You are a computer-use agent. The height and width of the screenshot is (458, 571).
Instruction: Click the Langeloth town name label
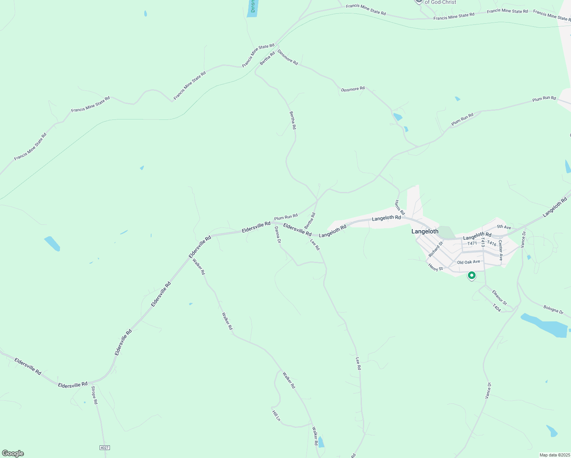pos(425,231)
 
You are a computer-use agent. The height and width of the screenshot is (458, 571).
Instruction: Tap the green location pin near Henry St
pos(472,275)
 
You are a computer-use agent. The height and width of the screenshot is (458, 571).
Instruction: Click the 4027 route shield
pos(105,447)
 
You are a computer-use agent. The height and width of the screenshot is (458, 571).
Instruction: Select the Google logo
pos(13,453)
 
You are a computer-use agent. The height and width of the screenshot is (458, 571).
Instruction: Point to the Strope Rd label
pos(94,395)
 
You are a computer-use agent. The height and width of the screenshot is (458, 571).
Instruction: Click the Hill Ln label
pos(276,416)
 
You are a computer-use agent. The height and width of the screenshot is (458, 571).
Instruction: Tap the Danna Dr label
pos(278,235)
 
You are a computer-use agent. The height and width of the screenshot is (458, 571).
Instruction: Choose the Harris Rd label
pos(400,207)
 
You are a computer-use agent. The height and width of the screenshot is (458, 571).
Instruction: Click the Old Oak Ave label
pos(468,262)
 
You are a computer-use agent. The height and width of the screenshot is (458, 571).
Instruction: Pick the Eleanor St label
pos(499,298)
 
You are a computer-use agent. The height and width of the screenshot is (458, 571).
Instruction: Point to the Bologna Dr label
pos(553,309)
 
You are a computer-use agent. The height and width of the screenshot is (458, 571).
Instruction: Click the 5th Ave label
pos(504,227)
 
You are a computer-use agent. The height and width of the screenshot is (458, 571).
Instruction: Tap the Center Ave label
pos(501,250)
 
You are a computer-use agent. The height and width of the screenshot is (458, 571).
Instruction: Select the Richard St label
pos(436,249)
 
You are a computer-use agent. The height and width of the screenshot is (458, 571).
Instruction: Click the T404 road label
pos(497,308)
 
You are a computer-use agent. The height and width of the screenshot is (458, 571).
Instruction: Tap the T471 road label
pos(472,243)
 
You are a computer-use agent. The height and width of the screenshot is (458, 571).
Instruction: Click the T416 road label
pos(492,243)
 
